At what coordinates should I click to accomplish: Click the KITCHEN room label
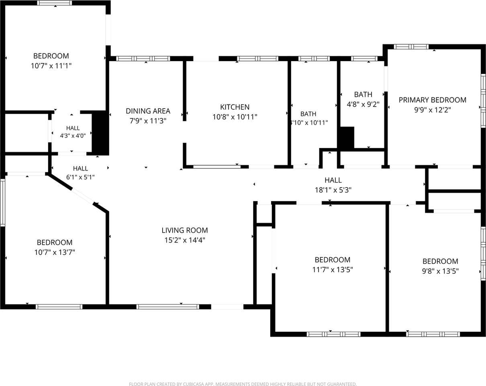click(235, 107)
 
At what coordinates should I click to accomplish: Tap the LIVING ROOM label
click(184, 230)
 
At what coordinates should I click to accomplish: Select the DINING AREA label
click(148, 111)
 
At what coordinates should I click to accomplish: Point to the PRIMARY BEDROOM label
click(432, 100)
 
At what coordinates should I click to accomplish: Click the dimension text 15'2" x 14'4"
click(184, 240)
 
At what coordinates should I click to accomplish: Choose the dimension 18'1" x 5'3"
click(333, 190)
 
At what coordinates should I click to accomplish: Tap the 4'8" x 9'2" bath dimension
click(363, 104)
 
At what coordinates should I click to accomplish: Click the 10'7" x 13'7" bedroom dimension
click(55, 252)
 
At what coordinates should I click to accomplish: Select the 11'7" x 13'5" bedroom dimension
click(333, 269)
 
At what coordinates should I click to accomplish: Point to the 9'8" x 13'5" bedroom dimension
click(440, 271)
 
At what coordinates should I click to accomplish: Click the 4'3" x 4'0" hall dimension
click(73, 136)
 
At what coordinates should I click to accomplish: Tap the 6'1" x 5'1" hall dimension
click(80, 177)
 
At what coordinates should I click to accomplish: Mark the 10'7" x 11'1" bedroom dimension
click(51, 66)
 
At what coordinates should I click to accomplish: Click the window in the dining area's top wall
click(143, 59)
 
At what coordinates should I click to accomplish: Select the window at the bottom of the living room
click(167, 307)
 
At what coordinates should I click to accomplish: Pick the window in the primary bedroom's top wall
click(411, 47)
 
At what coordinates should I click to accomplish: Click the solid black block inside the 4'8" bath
click(346, 138)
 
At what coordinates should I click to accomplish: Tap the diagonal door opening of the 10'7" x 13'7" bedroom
click(82, 196)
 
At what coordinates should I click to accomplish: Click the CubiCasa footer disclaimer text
click(243, 384)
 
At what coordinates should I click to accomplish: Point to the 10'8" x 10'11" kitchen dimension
click(235, 117)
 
